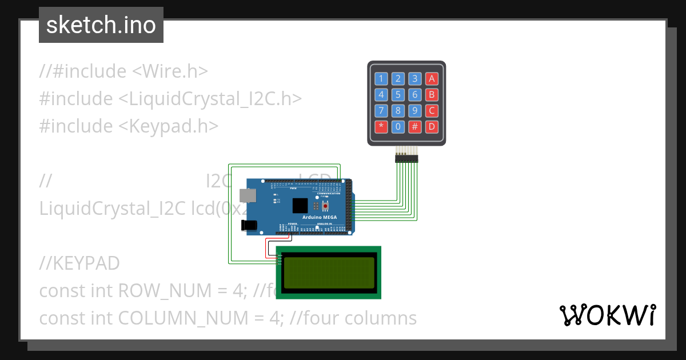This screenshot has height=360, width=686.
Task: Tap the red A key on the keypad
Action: tap(432, 79)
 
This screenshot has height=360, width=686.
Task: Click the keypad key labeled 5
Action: tap(398, 95)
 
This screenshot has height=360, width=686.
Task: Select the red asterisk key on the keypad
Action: tap(381, 126)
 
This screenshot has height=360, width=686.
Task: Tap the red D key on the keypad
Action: tap(432, 126)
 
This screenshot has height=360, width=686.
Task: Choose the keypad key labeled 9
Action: tap(416, 110)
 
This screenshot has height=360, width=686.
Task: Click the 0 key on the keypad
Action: tap(398, 126)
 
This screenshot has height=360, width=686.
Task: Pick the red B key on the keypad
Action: tap(432, 95)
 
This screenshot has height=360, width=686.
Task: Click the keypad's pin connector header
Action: tap(406, 158)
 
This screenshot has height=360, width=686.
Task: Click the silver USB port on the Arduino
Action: tap(248, 195)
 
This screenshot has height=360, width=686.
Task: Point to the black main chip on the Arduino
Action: tap(300, 206)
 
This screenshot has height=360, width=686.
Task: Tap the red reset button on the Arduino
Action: tap(326, 206)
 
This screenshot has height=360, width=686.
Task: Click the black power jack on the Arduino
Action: tap(250, 225)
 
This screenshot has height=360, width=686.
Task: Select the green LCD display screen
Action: tap(329, 273)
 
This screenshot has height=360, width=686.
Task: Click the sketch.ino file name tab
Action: tap(101, 25)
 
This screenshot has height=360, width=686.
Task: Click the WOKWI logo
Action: tap(608, 315)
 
